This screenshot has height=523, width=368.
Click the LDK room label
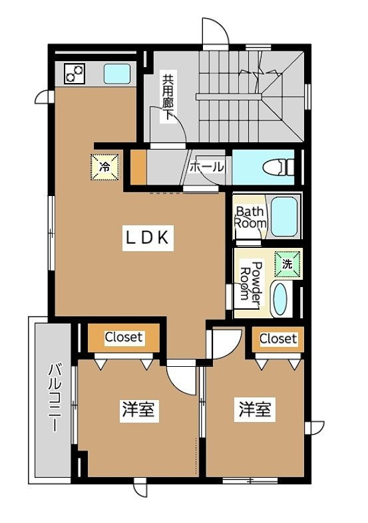point(148,238)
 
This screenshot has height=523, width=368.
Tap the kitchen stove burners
point(75,73)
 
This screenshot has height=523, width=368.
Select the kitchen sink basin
point(117,74)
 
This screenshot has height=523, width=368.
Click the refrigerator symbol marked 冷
point(104,167)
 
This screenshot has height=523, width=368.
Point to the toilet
point(277,167)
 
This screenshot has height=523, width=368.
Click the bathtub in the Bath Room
point(284,216)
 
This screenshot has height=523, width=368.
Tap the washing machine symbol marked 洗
point(287,264)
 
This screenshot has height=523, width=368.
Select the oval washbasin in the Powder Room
point(280,299)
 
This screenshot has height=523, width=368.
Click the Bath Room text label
point(251,217)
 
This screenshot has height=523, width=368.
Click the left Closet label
point(124,337)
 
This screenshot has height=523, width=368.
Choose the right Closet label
point(278,338)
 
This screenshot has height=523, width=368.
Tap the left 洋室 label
point(138,409)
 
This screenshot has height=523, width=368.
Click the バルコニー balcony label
point(55,398)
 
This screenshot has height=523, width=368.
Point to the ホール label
point(206,167)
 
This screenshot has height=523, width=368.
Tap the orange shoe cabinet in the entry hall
point(138,167)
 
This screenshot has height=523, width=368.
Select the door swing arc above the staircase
point(216,31)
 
